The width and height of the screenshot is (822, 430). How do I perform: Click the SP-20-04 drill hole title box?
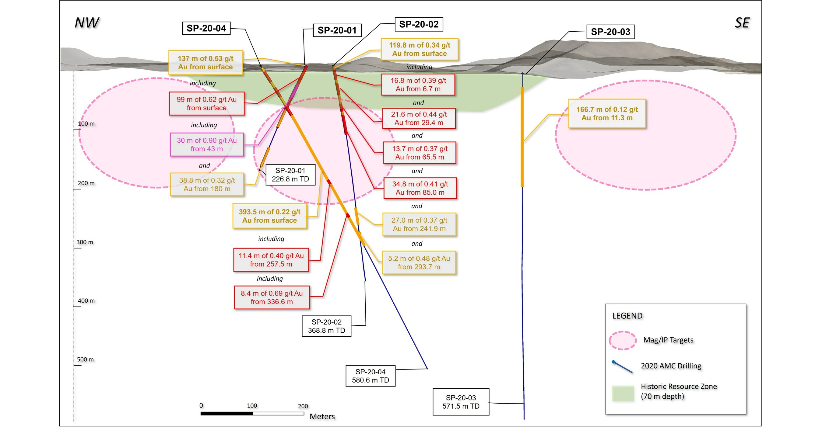point(206,28)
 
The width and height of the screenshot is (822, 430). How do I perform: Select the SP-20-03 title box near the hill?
point(610,32)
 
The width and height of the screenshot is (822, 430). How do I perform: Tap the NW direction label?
point(86,23)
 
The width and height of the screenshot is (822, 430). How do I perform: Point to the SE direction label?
point(742,23)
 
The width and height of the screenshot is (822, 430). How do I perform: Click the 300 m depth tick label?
point(85,242)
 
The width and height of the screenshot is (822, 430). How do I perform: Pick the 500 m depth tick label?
point(85,359)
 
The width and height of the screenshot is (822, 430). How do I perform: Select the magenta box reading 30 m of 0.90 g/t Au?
point(207,144)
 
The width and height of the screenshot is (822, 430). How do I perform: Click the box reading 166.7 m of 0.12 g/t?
point(607,113)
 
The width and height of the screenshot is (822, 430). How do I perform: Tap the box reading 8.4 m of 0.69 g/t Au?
point(272,297)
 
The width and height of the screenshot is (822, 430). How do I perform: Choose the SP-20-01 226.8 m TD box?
point(290,175)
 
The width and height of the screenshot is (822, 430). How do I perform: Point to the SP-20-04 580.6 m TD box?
point(370,376)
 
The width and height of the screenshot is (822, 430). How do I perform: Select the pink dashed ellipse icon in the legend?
point(622,340)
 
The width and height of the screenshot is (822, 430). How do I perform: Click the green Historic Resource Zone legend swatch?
point(622,393)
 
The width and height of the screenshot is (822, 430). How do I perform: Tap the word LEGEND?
point(627,316)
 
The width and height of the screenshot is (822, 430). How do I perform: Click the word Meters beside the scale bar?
point(322,417)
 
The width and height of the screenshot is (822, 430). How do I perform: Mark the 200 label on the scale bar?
point(303,406)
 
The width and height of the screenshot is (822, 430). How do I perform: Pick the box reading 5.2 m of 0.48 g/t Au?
point(419,263)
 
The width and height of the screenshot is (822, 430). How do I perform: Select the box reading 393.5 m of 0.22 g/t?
point(269,216)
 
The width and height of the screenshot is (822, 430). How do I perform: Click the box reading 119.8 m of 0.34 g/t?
point(419,49)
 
